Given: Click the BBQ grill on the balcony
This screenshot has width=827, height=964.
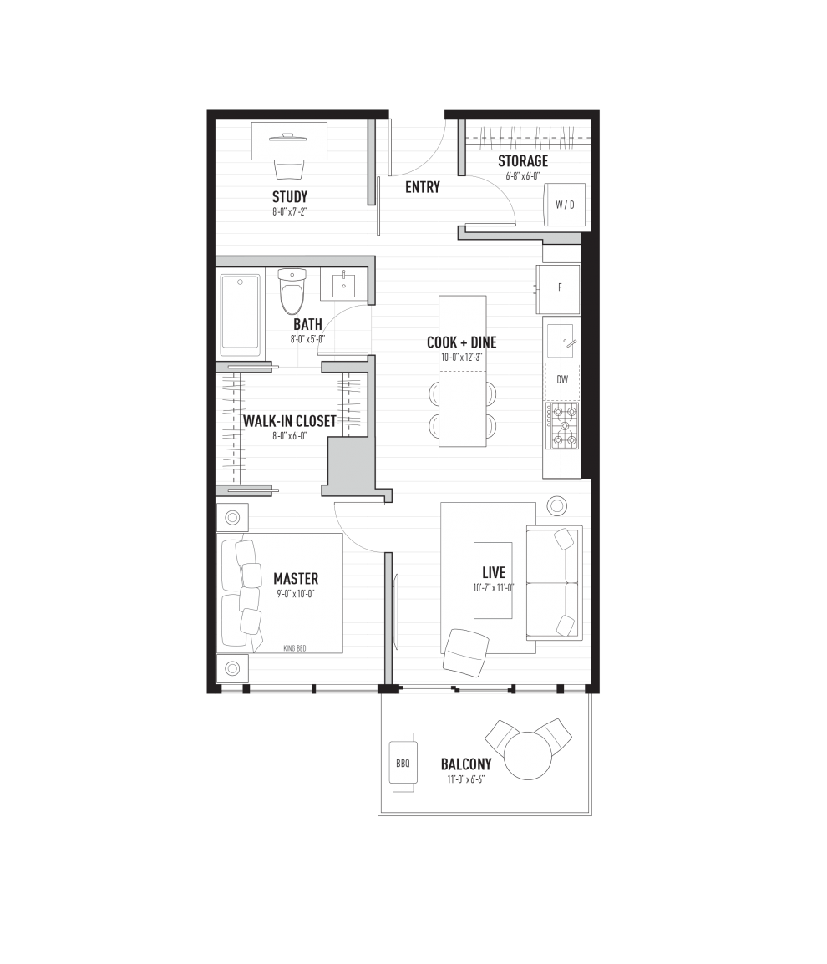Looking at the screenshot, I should coord(402,763).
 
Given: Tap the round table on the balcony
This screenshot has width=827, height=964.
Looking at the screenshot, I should coord(528,755).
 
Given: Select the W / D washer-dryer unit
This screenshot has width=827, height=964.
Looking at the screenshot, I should coord(565,204).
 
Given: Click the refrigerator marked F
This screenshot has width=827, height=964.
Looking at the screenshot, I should coord(560,288).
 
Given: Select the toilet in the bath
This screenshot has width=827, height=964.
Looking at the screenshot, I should coord(292,290).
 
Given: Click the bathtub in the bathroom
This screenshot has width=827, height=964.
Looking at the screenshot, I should coord(241,314).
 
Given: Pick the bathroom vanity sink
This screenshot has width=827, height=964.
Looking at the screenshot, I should coord(343,285).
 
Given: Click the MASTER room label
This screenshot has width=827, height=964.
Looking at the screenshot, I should coord(296,579).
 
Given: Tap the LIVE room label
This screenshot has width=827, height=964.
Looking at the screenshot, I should coord(494,573).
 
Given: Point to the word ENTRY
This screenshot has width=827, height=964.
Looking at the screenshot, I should coord(422,188).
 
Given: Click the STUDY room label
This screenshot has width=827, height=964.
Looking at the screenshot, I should coord(290,197).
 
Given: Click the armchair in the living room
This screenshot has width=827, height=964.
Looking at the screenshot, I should coord(466,652).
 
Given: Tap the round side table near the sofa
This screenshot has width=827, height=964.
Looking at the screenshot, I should coord(557,505).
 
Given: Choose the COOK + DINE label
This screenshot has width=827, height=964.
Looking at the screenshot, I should coord(462,342).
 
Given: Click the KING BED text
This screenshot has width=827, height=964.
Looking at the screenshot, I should coord(295,647).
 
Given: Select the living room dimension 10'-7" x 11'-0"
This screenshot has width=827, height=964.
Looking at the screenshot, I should coord(493,587).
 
